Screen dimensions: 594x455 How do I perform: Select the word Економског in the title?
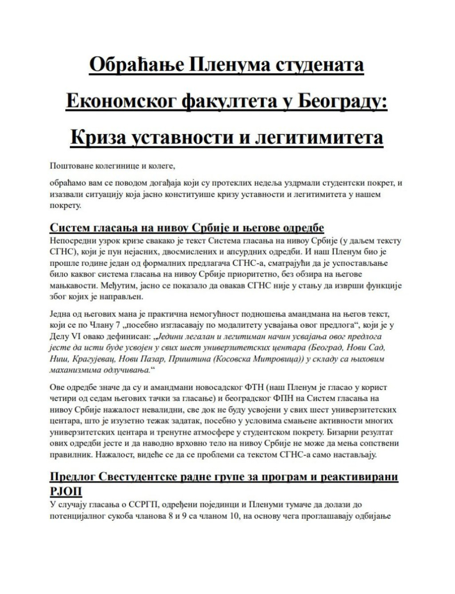click(x=120, y=101)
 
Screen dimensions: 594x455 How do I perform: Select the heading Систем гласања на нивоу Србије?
click(x=187, y=228)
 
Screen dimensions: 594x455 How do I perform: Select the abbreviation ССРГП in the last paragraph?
click(x=142, y=505)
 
